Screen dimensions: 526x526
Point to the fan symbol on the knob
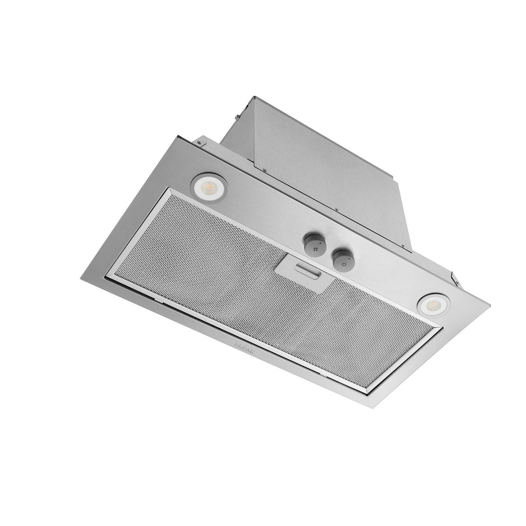pos(309,246)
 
